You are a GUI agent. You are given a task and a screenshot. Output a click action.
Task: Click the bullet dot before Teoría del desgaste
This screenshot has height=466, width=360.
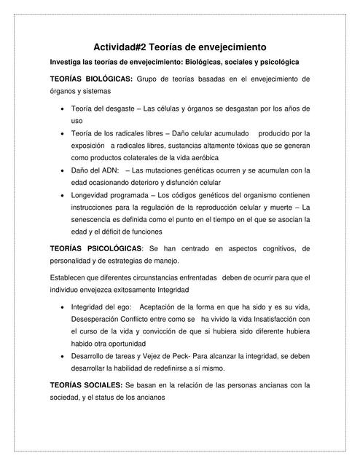pos(60,108)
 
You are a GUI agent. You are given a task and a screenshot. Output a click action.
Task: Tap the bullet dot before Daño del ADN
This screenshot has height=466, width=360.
pos(60,170)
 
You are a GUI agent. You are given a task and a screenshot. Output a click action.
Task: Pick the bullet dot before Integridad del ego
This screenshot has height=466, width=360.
pos(60,307)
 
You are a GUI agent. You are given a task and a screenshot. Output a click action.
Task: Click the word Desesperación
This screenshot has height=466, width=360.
pos(97,319)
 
